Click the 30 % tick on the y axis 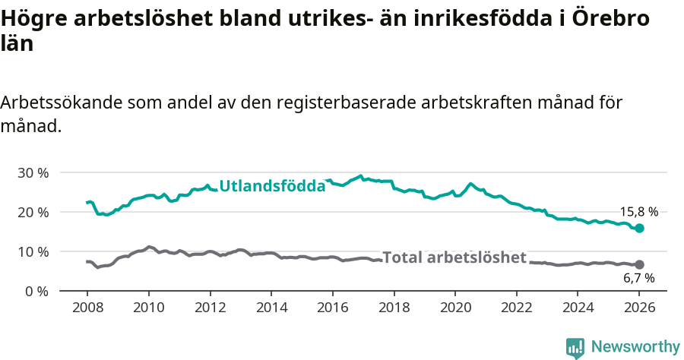[x=33, y=172]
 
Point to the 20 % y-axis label [x=33, y=212]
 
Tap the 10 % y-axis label [x=33, y=251]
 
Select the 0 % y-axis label [x=36, y=291]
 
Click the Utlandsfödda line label [x=272, y=185]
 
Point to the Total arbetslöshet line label [x=454, y=257]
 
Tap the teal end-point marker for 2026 [x=639, y=228]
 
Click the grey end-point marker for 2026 [x=639, y=264]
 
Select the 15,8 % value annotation [x=638, y=212]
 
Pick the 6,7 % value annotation [x=638, y=279]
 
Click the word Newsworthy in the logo [x=635, y=347]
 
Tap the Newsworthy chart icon [x=575, y=348]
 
